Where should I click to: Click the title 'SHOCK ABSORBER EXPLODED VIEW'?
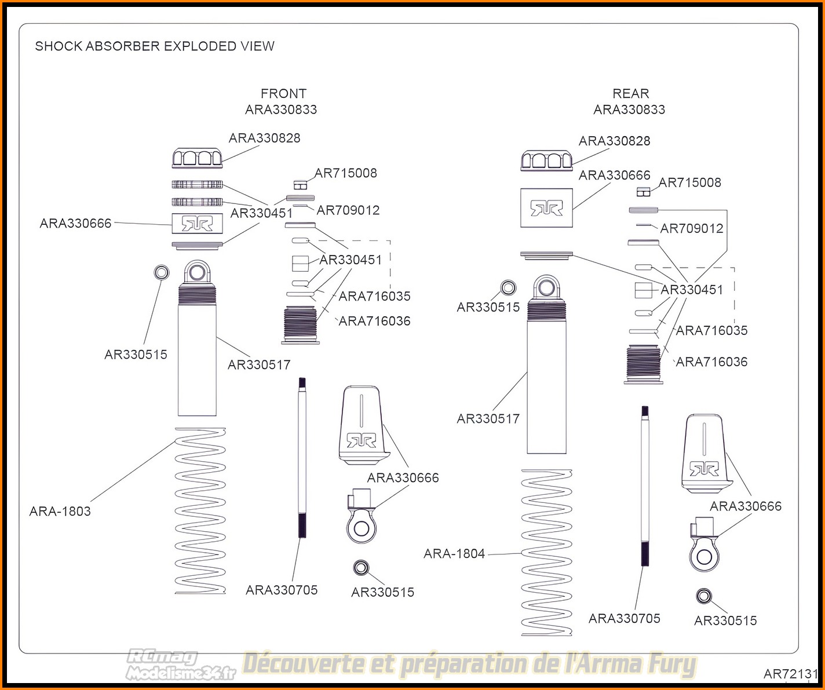pos(155,46)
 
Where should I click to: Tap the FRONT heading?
pos(284,94)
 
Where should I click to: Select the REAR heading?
pos(630,94)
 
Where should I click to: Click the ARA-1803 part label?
pos(60,512)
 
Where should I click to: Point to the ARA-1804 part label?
pos(454,554)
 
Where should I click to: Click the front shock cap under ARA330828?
pos(197,158)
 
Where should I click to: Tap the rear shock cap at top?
pos(546,160)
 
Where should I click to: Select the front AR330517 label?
pos(259,365)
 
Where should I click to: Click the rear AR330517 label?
pos(488,419)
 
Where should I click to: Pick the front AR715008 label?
pos(346,173)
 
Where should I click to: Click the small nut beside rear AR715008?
pos(643,192)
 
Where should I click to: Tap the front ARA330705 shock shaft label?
pos(282,590)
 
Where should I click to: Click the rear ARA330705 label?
pos(625,619)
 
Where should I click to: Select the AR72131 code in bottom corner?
pos(791,674)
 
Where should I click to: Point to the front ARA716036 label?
pos(375,322)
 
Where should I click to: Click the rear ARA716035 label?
pos(712,330)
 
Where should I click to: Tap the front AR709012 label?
pos(348,210)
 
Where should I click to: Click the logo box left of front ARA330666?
pos(197,224)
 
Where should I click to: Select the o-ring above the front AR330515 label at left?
pos(161,272)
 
